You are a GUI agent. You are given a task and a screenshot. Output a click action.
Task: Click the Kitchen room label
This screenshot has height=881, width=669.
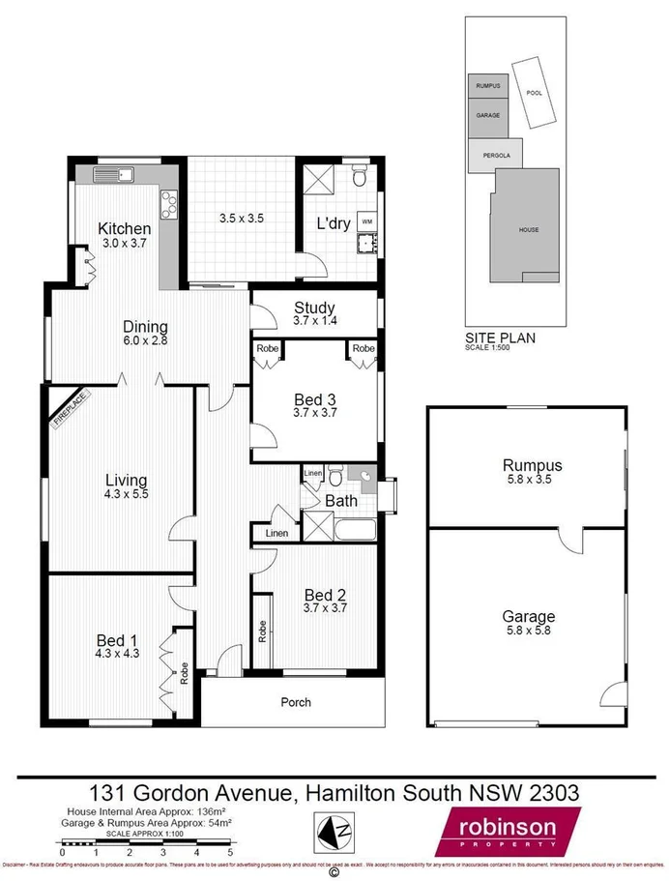point(124,229)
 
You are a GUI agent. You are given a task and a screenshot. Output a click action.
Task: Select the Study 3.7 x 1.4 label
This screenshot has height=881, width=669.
point(313,308)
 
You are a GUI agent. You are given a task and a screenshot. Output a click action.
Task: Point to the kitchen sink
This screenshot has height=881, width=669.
point(114,175)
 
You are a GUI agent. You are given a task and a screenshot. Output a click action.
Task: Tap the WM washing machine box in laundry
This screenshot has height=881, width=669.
point(366,220)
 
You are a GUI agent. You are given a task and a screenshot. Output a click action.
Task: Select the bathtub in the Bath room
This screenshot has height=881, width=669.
point(354,529)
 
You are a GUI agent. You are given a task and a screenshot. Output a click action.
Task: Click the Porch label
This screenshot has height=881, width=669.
point(296,702)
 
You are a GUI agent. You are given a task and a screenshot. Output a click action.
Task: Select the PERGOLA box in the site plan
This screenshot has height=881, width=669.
point(496,155)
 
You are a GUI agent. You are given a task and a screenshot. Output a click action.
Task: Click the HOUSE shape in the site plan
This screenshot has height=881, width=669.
point(528,229)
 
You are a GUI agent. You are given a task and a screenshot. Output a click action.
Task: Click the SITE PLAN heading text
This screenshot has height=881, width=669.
point(500,338)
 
